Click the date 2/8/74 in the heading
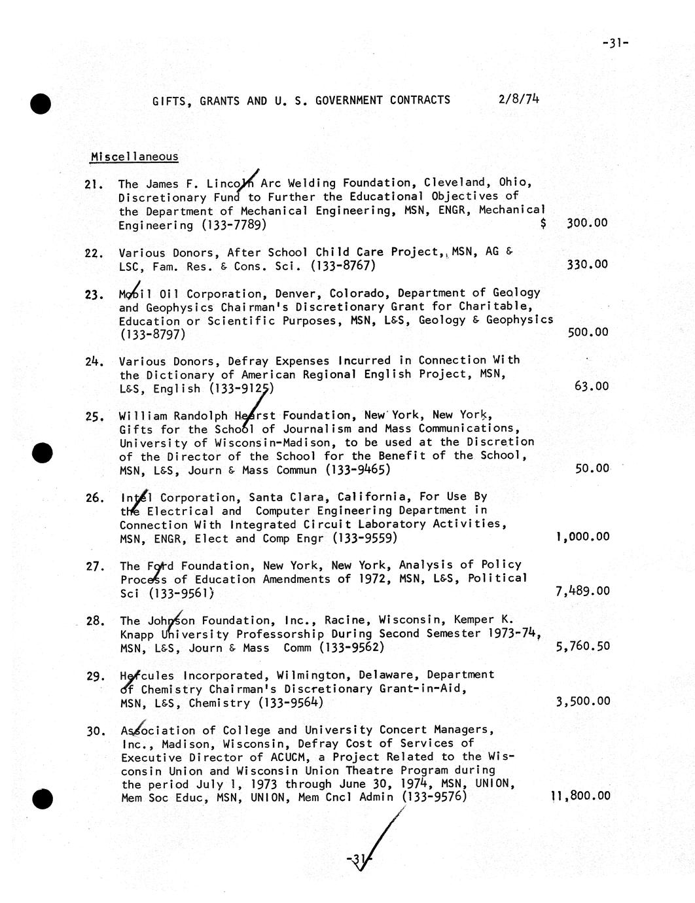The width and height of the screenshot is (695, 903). click(518, 99)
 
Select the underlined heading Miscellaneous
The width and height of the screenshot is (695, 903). click(134, 156)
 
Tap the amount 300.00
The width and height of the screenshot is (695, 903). click(587, 223)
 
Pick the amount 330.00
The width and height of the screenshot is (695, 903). click(587, 264)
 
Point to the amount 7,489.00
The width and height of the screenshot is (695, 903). click(582, 591)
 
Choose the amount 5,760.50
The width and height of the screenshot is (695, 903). click(582, 646)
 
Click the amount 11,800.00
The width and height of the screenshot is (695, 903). click(580, 796)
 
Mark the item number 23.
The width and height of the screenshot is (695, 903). click(95, 294)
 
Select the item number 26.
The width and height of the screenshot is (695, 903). click(95, 498)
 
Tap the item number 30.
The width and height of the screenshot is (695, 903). click(96, 731)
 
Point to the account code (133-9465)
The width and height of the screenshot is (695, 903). click(358, 470)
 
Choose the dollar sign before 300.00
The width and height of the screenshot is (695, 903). click(544, 224)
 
